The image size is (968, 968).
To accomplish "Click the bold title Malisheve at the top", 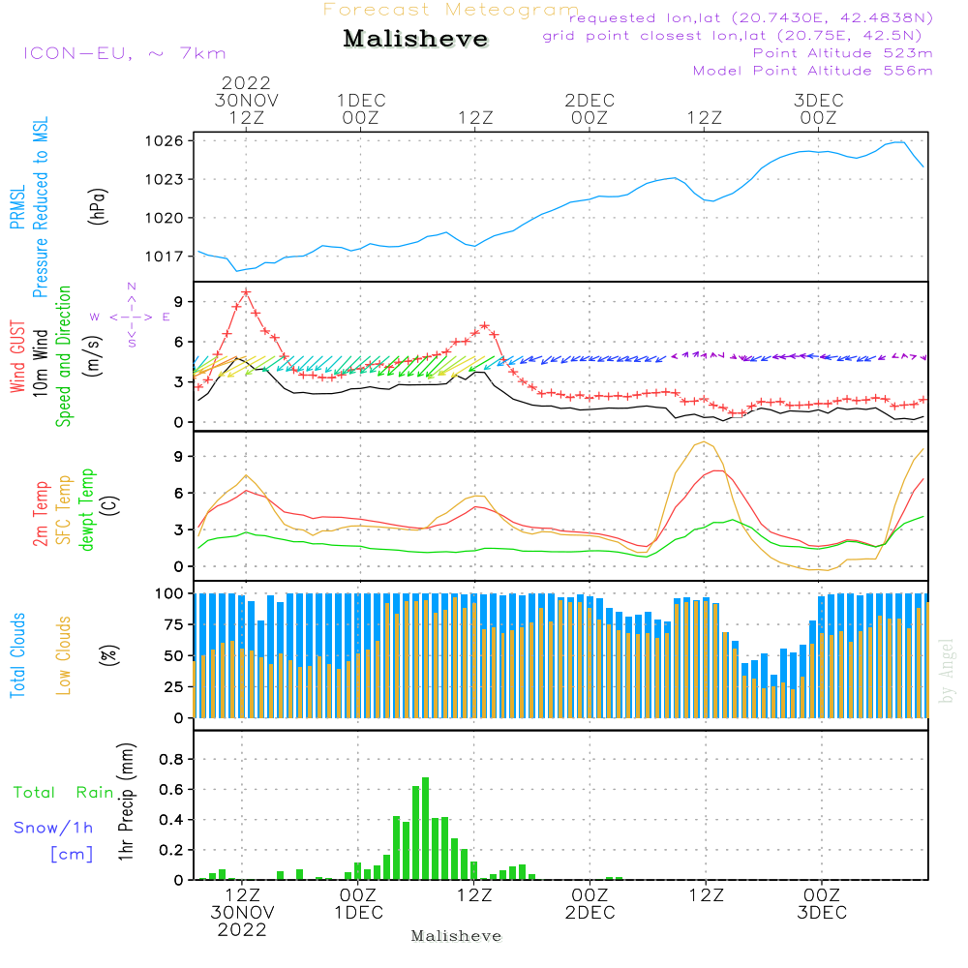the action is (415, 39).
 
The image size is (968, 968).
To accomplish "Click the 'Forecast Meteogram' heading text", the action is (451, 10).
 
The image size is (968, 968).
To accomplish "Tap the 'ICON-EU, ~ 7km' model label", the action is (125, 53).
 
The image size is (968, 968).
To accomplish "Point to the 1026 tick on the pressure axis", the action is (165, 141).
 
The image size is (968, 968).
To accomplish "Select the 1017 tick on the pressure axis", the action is (165, 257).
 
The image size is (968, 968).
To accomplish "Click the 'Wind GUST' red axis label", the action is (17, 357).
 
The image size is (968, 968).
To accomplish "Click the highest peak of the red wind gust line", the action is (246, 292).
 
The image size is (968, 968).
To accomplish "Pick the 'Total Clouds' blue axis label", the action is (17, 655).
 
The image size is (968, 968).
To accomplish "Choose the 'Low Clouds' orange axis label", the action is (64, 655).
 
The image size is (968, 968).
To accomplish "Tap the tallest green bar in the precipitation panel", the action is (425, 829).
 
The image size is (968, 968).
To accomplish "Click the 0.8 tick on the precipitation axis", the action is (171, 759).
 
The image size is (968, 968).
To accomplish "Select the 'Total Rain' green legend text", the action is (64, 793).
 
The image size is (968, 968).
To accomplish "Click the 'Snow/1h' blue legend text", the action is (53, 828).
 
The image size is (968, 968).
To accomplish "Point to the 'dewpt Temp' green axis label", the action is (87, 509).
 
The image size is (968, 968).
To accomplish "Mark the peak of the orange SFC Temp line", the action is (704, 441).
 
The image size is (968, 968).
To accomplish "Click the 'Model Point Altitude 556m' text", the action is (812, 71).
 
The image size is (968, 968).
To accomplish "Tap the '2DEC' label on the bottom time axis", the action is (590, 913).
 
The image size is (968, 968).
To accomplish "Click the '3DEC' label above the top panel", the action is (819, 101).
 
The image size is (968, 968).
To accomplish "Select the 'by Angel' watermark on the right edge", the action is (947, 671).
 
